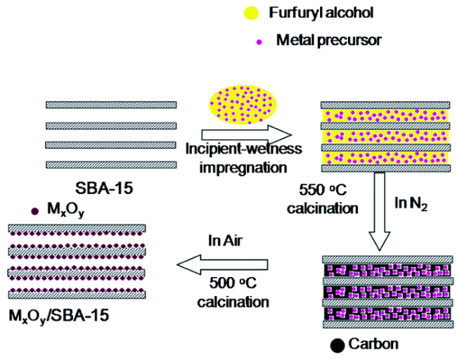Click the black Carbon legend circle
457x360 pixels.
337,345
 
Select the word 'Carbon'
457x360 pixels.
375,344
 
